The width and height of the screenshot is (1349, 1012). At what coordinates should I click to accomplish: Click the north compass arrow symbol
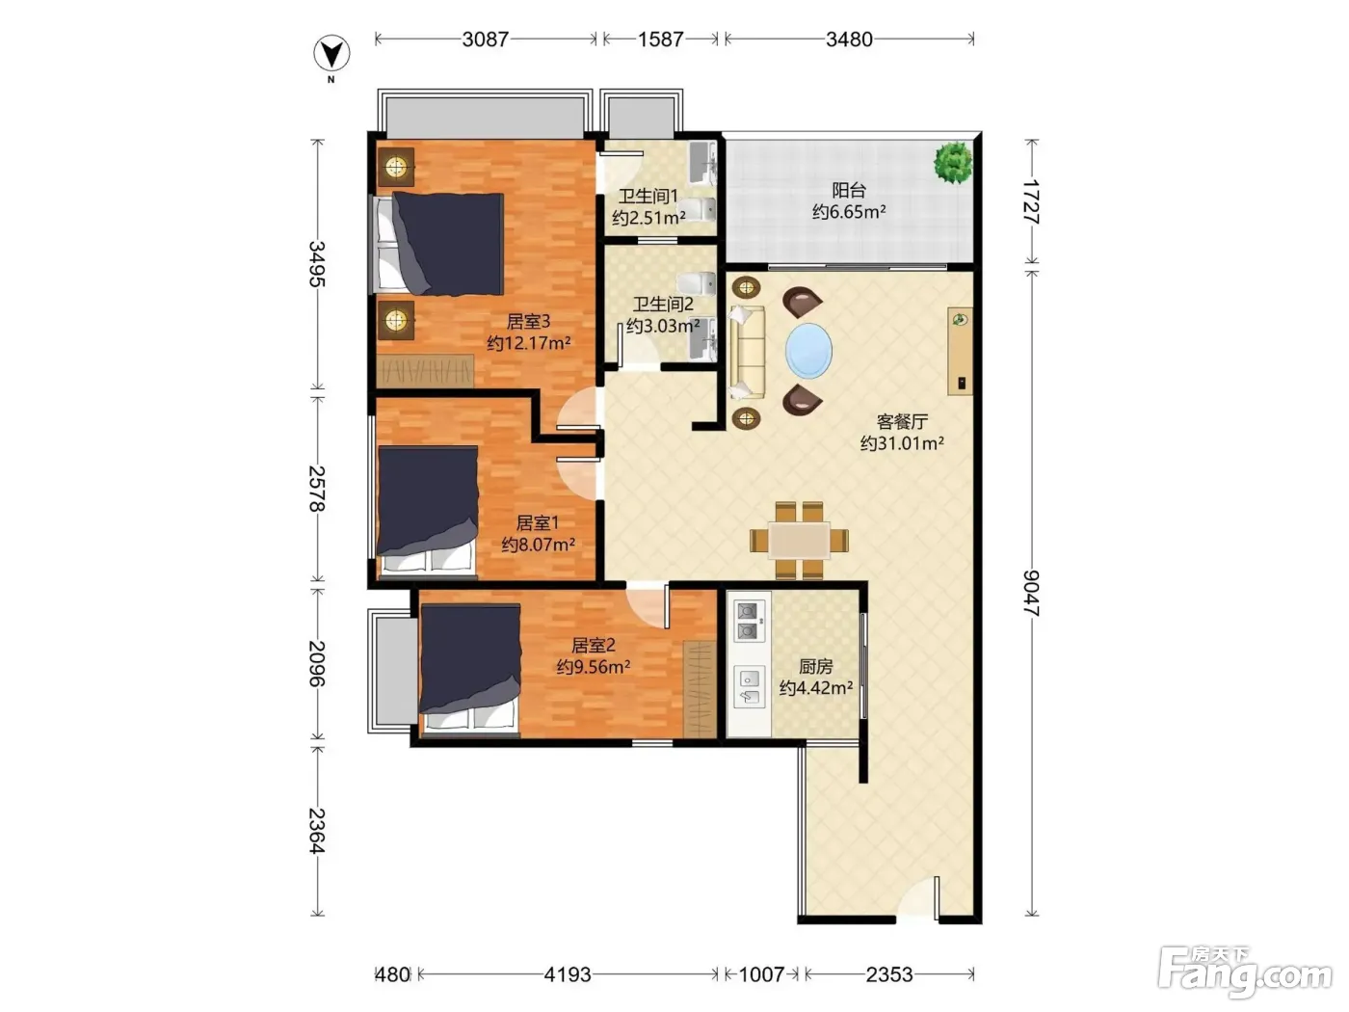point(331,54)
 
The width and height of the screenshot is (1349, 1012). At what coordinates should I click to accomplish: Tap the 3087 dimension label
point(486,40)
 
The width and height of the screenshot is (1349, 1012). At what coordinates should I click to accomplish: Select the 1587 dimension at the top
point(661,40)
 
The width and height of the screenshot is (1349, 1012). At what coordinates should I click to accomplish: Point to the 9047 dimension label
point(1031,593)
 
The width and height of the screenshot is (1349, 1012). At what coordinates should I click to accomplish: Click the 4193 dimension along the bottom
point(568,974)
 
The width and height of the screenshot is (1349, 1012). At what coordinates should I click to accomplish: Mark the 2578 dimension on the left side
point(317,489)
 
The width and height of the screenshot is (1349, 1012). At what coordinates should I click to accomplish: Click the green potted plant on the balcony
point(953,162)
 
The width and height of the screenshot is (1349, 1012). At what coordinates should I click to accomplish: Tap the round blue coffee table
point(808,351)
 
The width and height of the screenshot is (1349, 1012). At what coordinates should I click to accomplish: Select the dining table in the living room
point(799,540)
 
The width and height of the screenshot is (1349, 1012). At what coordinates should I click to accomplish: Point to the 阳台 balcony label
point(849,190)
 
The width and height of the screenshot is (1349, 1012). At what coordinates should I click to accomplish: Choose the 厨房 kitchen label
point(815,666)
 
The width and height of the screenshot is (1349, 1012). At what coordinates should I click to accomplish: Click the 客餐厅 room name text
point(902,421)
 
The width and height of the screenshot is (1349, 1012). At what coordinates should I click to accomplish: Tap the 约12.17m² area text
point(529,343)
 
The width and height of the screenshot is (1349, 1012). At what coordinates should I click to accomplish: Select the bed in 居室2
point(470,669)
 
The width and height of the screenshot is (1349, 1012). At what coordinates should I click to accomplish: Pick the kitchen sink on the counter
point(749,687)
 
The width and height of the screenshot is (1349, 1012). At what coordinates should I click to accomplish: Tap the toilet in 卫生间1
point(699,209)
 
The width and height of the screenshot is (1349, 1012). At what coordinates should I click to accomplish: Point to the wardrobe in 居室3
point(425,370)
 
